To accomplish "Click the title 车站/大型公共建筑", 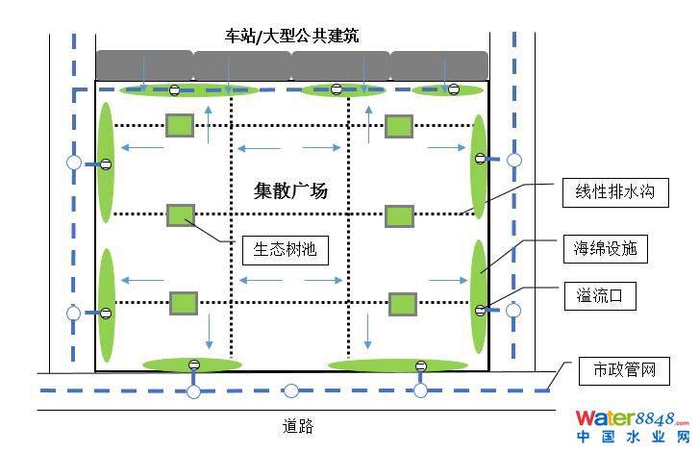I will pyautogui.click(x=292, y=37).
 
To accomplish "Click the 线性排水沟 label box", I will pyautogui.click(x=609, y=192).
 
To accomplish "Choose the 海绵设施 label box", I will pyautogui.click(x=604, y=250).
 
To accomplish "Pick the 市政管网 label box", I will pyautogui.click(x=617, y=369).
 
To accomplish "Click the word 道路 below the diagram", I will pyautogui.click(x=298, y=426).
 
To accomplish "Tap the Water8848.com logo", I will pyautogui.click(x=632, y=418).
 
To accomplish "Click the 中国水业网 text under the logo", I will pyautogui.click(x=632, y=438).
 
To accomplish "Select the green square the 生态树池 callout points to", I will pyautogui.click(x=180, y=215).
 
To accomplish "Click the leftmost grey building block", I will pyautogui.click(x=143, y=65).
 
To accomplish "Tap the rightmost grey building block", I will pyautogui.click(x=440, y=65).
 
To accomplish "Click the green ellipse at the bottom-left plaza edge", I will pyautogui.click(x=189, y=365).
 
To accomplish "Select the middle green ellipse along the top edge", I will pyautogui.click(x=337, y=90).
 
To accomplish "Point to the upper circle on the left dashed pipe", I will pyautogui.click(x=73, y=163).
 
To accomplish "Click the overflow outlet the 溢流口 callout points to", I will pyautogui.click(x=481, y=310).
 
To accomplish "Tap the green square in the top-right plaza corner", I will pyautogui.click(x=399, y=126).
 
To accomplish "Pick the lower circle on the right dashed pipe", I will pyautogui.click(x=513, y=310).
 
